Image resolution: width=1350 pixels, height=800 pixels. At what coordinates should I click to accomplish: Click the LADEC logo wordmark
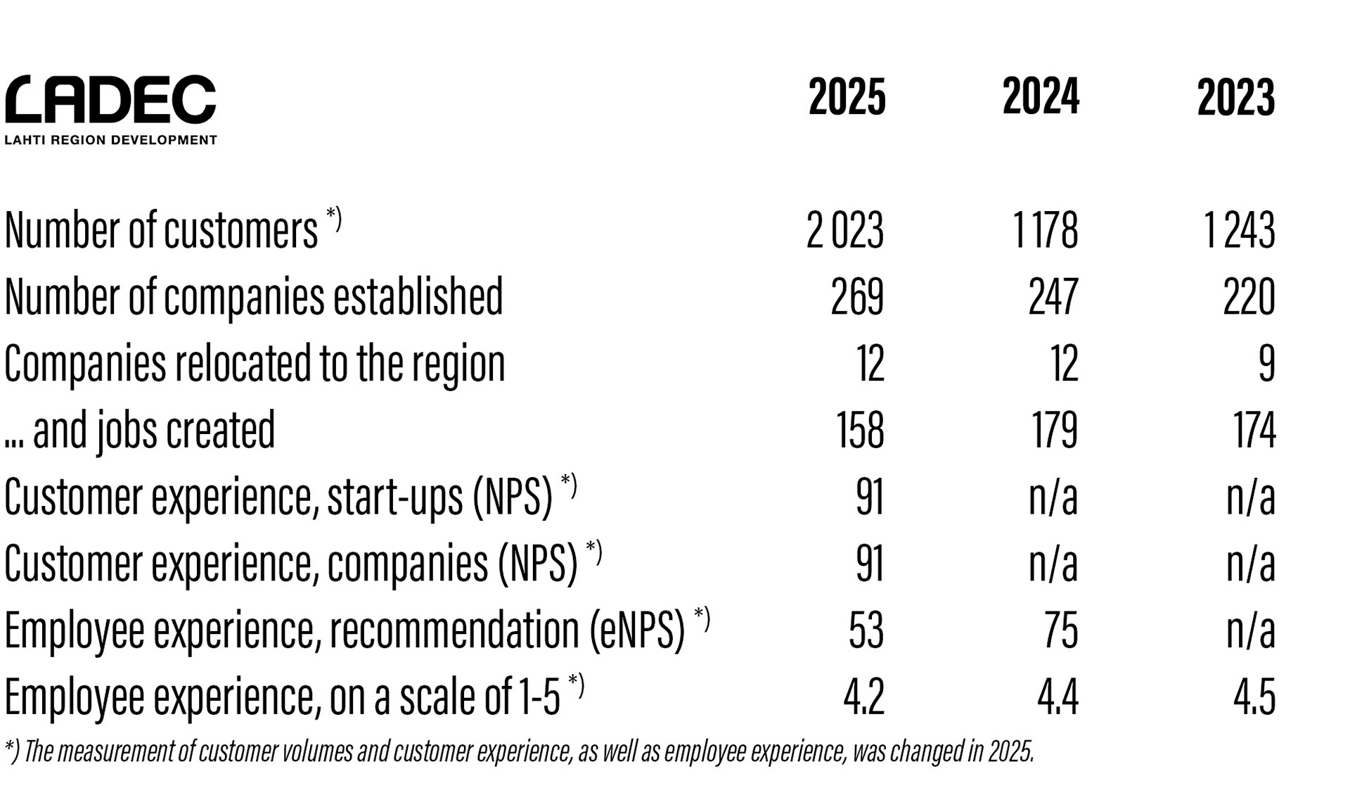pos(110,100)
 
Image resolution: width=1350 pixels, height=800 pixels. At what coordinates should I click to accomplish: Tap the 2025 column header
pos(847,97)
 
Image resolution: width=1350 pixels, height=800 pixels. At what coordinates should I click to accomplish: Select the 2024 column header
pos(1041,97)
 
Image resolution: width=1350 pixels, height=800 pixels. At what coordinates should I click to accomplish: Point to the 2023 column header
pos(1235,97)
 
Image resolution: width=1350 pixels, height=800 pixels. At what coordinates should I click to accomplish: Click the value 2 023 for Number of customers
pos(844,230)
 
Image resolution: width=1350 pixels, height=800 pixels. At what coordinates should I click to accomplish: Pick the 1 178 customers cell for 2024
pos(1045,230)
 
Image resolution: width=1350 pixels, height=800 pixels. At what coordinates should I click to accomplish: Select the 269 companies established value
pos(856,296)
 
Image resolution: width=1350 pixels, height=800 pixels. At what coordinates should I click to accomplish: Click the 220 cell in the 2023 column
pos(1249,296)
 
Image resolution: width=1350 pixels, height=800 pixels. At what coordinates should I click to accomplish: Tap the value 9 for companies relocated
pos(1266,364)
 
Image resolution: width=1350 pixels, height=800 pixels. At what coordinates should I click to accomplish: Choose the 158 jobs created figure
pos(859,430)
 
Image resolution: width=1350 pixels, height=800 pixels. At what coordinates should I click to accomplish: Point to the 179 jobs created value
pos(1054,430)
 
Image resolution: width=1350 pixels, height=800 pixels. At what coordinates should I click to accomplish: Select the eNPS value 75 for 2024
pos(1060,630)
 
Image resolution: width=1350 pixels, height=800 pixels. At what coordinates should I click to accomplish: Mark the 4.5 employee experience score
pos(1254,697)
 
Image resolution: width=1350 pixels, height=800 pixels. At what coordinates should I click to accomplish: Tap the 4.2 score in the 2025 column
pos(863,697)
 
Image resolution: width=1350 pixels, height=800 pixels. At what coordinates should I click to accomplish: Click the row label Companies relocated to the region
pos(255,364)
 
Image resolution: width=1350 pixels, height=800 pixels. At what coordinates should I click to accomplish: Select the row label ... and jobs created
pos(139,430)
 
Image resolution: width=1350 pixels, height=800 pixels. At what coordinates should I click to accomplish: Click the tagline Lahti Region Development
pos(110,140)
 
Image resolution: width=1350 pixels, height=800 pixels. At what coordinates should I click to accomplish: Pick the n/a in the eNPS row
pos(1250,630)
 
